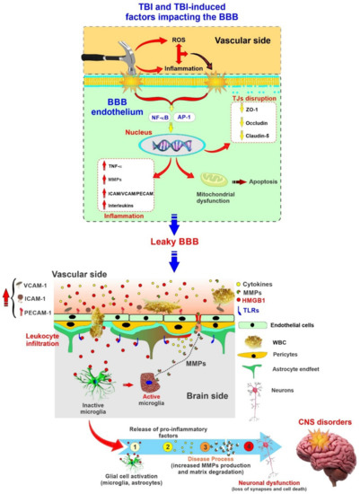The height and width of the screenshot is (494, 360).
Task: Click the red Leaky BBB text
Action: pyautogui.click(x=180, y=269)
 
